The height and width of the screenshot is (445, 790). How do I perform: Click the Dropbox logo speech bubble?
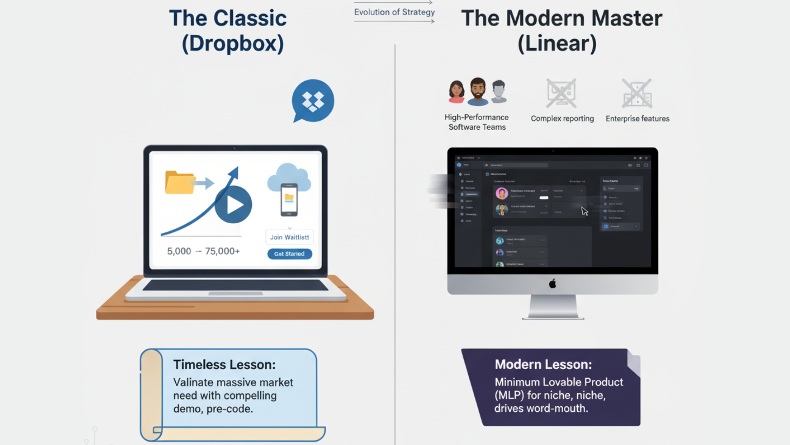[x=313, y=101]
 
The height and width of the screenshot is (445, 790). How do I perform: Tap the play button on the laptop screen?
[x=233, y=204]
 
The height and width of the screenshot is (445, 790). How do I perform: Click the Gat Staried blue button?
[x=290, y=254]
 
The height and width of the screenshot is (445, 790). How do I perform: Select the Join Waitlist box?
[x=289, y=237]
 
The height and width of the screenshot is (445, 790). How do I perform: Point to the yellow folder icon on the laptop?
[x=179, y=183]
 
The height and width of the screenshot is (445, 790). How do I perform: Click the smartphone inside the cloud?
[x=289, y=199]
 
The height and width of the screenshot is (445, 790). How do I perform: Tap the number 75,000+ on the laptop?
[x=222, y=251]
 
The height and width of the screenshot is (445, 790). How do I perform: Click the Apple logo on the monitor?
[x=553, y=283]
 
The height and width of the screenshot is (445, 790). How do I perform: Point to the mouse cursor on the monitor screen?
[x=584, y=211]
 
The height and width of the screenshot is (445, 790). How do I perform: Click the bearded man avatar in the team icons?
[x=478, y=91]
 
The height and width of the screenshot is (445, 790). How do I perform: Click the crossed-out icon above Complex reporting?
[x=561, y=93]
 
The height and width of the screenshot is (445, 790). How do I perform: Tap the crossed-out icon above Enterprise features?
[x=637, y=93]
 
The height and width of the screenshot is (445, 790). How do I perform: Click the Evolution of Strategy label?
[x=394, y=12]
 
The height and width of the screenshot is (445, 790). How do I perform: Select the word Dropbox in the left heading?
[x=233, y=43]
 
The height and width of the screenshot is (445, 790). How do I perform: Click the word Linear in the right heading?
[x=557, y=43]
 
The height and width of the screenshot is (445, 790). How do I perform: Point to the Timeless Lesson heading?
[x=224, y=365]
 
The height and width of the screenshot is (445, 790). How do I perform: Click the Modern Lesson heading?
[x=543, y=364]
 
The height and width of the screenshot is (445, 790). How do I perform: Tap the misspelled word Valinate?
[x=192, y=382]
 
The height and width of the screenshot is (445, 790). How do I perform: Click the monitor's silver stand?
[x=553, y=307]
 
